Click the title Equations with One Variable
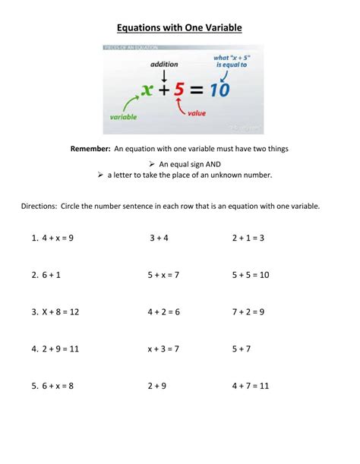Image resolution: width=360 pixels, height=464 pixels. tap(179, 28)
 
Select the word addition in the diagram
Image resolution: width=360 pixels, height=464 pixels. tap(164, 65)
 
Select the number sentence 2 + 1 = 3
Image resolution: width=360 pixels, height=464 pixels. tap(248, 238)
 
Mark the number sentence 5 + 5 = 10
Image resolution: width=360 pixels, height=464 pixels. tap(251, 275)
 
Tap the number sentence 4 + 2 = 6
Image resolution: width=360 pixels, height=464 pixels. tap(163, 312)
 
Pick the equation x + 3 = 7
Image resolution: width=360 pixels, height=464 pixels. tap(163, 349)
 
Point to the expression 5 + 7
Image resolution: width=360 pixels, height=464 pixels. tap(242, 349)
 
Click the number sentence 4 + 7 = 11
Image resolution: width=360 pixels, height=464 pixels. tap(251, 386)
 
